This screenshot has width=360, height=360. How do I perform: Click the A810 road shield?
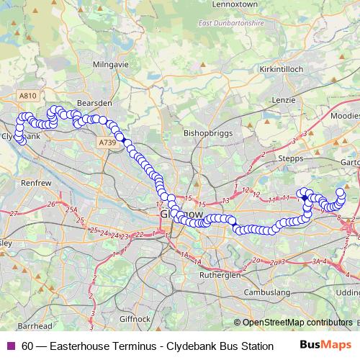(28, 96)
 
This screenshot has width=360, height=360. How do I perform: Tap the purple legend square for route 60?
(9, 346)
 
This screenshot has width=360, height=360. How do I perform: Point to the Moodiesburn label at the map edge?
(347, 115)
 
